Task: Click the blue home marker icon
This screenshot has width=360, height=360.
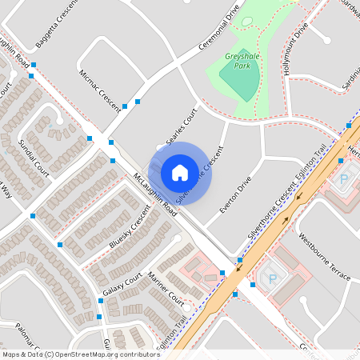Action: point(180,172)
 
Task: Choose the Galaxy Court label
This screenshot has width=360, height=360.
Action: point(122,284)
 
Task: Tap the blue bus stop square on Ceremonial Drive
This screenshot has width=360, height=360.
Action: point(138,102)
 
